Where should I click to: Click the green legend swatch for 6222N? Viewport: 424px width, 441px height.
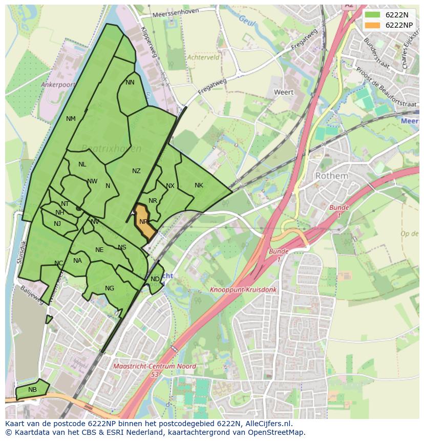[373, 15]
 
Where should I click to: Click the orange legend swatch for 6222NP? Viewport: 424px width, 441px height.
[373, 25]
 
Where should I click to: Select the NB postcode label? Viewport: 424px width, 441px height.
[33, 390]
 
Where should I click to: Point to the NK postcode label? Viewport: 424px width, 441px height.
[199, 185]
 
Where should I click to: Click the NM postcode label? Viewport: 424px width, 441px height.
[71, 119]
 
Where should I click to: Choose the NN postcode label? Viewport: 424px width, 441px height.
[130, 82]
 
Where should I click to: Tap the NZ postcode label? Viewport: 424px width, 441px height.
[136, 171]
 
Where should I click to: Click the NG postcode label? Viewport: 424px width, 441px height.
[110, 288]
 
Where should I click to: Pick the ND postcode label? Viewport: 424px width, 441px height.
[155, 279]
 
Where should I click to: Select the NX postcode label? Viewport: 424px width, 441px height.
[170, 186]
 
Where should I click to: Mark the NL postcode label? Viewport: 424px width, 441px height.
[82, 164]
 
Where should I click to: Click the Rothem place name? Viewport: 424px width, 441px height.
[331, 176]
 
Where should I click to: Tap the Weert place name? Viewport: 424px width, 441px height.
[284, 92]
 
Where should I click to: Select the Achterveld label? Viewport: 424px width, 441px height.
[203, 58]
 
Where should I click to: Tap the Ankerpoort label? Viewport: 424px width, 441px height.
[58, 85]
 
